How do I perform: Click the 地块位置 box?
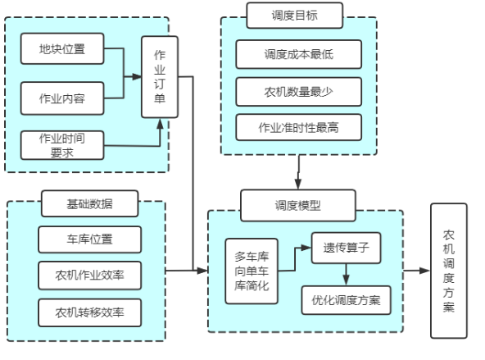(62, 48)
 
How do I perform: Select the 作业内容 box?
(62, 98)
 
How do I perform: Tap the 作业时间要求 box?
(62, 145)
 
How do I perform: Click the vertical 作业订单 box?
(160, 77)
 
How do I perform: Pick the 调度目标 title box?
(294, 15)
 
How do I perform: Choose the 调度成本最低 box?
(298, 54)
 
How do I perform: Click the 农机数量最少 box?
(298, 92)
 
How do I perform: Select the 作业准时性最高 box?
(298, 127)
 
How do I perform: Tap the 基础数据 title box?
(89, 203)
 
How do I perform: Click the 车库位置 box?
(89, 239)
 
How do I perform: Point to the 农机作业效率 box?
(89, 276)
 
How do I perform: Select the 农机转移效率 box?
(89, 312)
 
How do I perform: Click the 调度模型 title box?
(298, 205)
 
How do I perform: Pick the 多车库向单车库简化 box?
(252, 271)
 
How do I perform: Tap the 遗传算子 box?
(346, 248)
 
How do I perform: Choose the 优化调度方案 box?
(346, 300)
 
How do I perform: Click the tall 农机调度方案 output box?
(449, 271)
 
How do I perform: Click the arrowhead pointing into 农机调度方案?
(425, 271)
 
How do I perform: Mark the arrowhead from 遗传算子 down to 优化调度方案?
(346, 280)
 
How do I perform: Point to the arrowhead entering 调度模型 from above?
(298, 184)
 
